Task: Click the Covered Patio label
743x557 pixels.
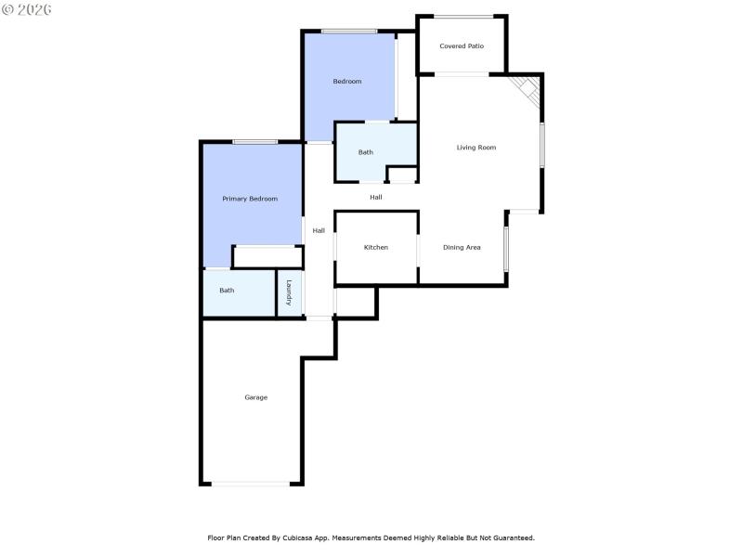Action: click(462, 45)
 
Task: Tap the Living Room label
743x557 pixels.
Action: click(476, 148)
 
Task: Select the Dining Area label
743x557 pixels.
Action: click(462, 247)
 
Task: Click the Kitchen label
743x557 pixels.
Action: click(376, 247)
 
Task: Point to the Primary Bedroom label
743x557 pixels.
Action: click(250, 199)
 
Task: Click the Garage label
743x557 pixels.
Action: click(256, 397)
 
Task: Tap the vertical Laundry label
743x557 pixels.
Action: click(290, 293)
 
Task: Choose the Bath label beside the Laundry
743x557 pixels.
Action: click(227, 291)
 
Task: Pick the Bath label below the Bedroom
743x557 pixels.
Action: click(366, 152)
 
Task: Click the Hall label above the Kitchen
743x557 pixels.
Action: click(376, 197)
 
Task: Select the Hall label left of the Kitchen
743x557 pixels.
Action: click(319, 230)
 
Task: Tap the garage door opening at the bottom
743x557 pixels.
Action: click(251, 483)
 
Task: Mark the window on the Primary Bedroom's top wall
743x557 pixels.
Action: click(254, 141)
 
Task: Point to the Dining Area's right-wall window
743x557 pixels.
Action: click(506, 249)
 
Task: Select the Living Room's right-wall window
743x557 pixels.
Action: click(542, 145)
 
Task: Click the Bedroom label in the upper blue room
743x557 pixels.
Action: click(347, 82)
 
